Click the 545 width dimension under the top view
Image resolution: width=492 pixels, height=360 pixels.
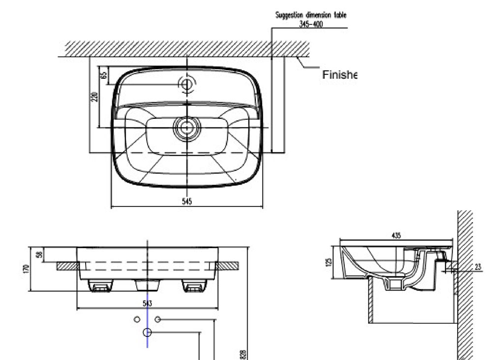(186, 201)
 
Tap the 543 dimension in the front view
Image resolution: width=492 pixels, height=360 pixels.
(147, 303)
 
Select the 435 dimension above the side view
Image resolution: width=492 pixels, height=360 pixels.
(396, 236)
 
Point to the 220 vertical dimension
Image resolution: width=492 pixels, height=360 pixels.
(95, 97)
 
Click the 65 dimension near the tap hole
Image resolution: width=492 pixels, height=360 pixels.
(103, 75)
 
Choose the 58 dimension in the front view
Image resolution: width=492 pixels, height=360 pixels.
(39, 255)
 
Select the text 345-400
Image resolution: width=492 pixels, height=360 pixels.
(311, 24)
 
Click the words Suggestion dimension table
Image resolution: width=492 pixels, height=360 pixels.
(310, 15)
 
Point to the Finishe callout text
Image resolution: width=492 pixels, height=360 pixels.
(338, 75)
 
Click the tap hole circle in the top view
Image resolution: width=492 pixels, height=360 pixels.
(186, 84)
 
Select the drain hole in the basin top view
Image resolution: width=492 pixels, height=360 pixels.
(186, 128)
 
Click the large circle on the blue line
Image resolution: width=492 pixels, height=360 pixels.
(147, 332)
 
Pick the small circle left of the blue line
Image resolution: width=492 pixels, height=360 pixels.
(137, 320)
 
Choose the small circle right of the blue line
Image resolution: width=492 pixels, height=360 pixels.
(157, 320)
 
